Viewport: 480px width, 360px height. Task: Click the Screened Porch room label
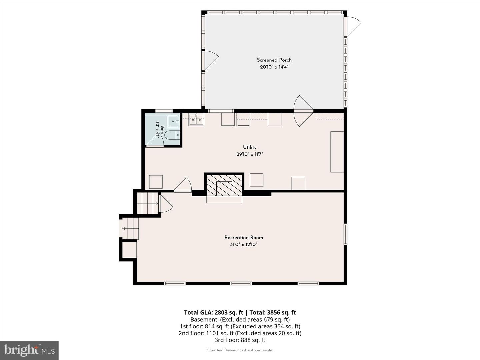[274, 60]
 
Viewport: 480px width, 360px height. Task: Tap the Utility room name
[250, 147]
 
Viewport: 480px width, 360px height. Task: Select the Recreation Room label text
[244, 237]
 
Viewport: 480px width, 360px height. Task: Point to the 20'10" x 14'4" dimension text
[274, 67]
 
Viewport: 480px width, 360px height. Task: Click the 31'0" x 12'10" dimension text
[244, 244]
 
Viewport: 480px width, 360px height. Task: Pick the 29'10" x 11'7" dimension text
[250, 154]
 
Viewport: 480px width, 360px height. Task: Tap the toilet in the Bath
[172, 135]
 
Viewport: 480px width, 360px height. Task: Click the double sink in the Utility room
[196, 120]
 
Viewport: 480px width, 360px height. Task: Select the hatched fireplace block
[224, 185]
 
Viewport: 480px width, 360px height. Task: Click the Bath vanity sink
[173, 122]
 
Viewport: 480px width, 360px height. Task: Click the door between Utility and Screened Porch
[303, 111]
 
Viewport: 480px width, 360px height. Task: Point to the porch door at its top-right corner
[353, 27]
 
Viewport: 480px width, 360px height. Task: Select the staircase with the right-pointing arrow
[147, 203]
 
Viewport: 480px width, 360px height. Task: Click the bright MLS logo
[29, 350]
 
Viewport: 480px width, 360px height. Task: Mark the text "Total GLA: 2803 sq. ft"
[213, 313]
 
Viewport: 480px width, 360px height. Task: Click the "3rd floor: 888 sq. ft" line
[240, 340]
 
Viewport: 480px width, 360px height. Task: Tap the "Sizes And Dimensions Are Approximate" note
[240, 350]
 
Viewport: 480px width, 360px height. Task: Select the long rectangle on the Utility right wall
[337, 152]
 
